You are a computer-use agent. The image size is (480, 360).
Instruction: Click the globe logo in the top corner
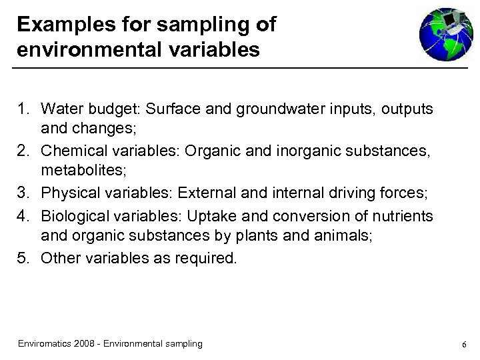(x=445, y=35)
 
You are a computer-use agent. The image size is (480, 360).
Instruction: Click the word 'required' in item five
(x=206, y=258)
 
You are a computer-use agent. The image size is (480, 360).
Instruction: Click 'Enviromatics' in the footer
(x=45, y=343)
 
